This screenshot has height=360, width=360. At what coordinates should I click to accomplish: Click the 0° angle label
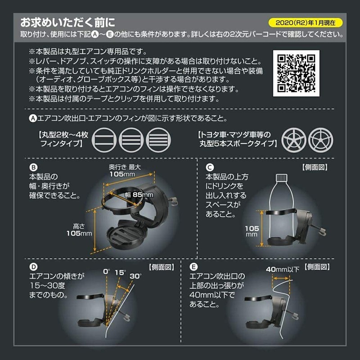[106, 272]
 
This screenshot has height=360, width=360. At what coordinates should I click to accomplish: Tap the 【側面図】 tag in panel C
[319, 166]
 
